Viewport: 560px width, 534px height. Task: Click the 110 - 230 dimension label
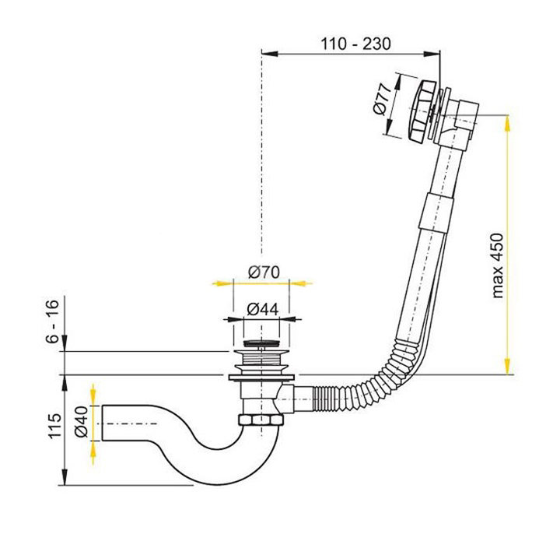pos(355,44)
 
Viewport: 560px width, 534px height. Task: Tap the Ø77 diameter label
pos(380,100)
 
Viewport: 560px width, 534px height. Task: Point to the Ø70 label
pos(264,272)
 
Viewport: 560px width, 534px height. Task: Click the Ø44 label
pos(263,310)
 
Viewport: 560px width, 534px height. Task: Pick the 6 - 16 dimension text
pos(52,321)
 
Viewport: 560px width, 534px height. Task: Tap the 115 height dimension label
pos(54,426)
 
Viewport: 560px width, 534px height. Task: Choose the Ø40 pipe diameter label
pos(81,423)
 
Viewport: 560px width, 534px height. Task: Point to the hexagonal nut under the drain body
pos(261,420)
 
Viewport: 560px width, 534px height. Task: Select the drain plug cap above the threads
pos(261,343)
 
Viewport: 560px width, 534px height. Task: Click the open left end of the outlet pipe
pos(103,423)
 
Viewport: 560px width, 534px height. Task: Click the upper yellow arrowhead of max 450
pos(507,123)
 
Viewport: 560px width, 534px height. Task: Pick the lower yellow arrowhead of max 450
pos(507,366)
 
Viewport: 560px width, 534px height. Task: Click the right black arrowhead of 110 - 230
pos(432,54)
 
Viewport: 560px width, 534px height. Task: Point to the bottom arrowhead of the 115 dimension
pos(65,476)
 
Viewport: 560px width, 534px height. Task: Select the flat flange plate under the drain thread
pos(261,378)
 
